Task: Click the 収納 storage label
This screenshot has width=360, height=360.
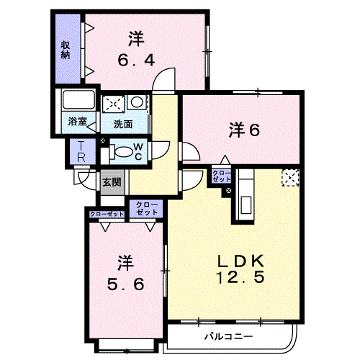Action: click(66, 50)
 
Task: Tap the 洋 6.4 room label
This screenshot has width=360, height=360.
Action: click(136, 49)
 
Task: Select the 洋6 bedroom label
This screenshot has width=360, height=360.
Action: click(244, 130)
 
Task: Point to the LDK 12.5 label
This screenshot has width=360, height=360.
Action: click(240, 269)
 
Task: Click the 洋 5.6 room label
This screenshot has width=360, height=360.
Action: click(125, 273)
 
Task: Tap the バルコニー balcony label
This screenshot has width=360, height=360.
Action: click(228, 336)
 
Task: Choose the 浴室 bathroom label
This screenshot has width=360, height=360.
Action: click(77, 121)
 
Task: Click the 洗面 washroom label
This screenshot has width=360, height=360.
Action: click(123, 124)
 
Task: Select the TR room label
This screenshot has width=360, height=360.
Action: click(81, 152)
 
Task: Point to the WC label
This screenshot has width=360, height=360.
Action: click(138, 152)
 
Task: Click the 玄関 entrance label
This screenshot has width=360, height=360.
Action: click(112, 182)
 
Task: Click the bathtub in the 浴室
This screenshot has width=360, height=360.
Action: click(78, 99)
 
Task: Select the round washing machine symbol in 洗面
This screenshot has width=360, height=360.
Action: click(137, 102)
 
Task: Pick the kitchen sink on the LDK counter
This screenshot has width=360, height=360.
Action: click(246, 204)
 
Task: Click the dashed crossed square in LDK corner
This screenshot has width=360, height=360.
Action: click(290, 177)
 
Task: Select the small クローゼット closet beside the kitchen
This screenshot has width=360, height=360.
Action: click(221, 176)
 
